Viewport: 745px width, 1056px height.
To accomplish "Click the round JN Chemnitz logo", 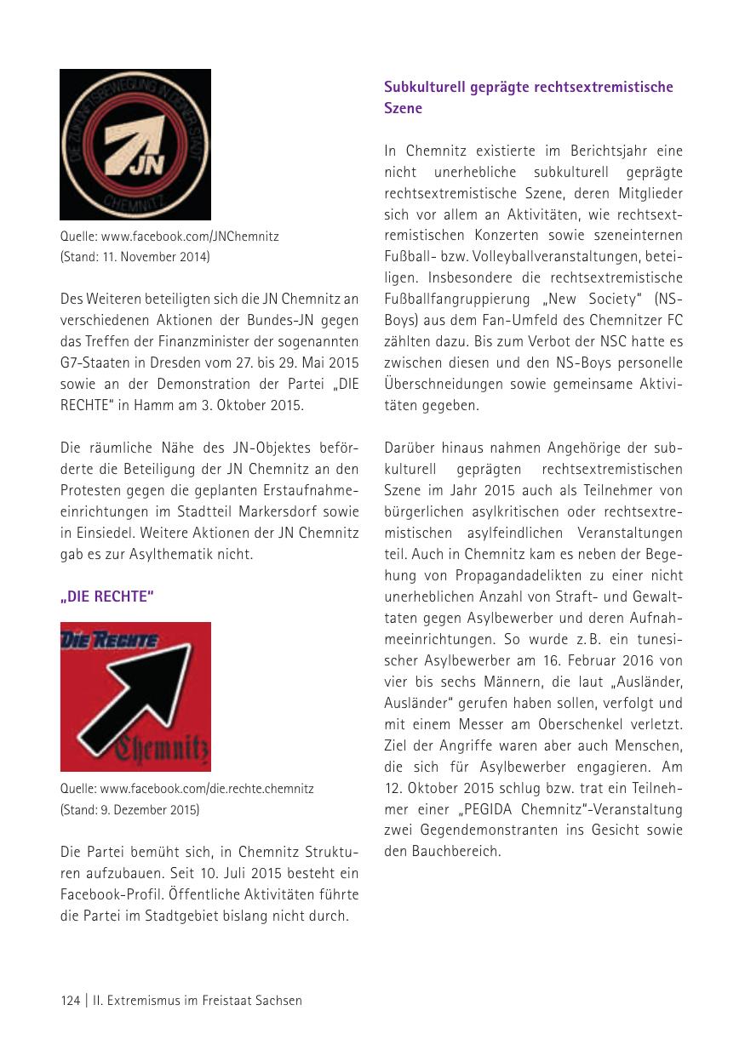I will (x=135, y=145).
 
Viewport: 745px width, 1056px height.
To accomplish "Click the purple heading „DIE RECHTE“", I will (x=106, y=596).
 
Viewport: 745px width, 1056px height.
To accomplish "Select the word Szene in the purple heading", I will (x=403, y=109).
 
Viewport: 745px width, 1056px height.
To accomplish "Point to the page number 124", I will (x=70, y=1001).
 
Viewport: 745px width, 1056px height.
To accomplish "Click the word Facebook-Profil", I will (x=106, y=895).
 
